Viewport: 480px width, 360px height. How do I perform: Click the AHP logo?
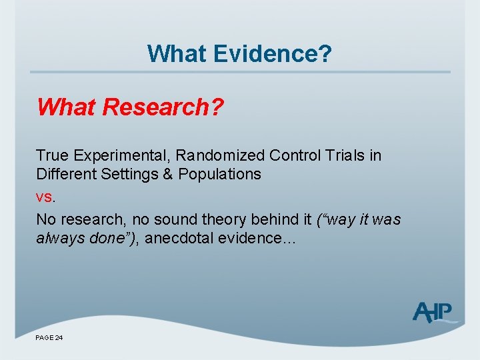[434, 311]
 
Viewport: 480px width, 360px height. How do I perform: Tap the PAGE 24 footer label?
[49, 339]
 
